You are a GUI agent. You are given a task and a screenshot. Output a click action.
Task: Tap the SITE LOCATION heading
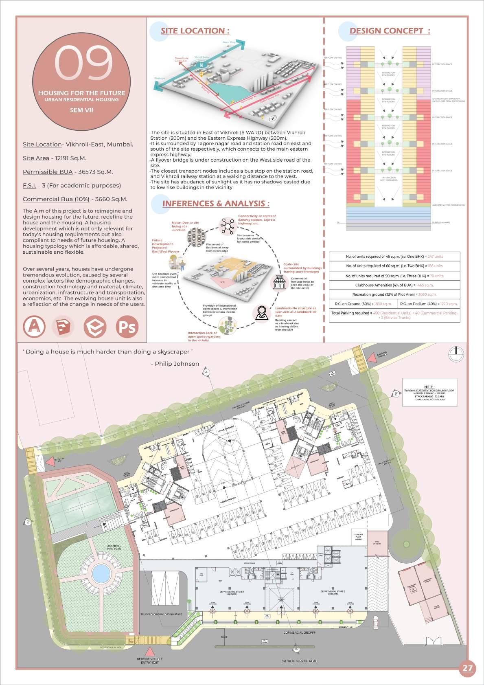195,31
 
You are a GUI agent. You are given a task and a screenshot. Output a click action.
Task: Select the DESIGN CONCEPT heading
390,31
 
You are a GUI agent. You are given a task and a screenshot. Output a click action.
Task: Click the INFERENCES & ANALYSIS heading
215,204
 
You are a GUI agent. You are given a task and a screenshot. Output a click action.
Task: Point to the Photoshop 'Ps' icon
127,327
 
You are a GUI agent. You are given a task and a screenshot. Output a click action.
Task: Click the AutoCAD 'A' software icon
34,327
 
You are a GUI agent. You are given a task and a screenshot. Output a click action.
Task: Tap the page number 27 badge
468,668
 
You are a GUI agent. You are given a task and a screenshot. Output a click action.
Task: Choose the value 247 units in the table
435,257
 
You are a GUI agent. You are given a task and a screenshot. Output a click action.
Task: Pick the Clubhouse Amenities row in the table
394,285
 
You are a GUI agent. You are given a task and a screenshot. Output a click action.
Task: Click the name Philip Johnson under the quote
175,364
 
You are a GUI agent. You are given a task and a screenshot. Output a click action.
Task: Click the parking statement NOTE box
429,392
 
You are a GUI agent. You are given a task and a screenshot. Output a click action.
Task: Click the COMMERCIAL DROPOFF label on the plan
299,632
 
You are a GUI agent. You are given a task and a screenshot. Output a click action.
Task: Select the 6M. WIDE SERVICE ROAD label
299,661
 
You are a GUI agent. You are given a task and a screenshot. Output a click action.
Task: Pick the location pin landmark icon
261,313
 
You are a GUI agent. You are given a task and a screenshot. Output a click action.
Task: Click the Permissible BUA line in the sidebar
68,172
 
